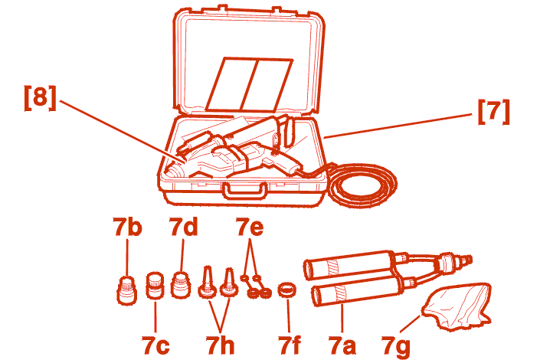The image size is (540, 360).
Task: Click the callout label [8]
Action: click(40, 98)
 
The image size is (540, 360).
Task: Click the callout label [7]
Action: click(493, 112)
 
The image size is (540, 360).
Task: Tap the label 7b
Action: click(127, 227)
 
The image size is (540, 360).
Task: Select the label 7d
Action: click(184, 227)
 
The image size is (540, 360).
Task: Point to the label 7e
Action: click(250, 227)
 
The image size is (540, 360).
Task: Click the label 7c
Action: click(155, 345)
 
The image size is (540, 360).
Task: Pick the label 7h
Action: click(220, 345)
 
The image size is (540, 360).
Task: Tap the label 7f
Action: click(290, 345)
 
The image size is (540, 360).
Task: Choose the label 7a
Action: click(342, 345)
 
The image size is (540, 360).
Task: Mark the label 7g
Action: click(396, 346)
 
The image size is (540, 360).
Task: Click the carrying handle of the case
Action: click(244, 191)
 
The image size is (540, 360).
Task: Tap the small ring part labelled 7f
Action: click(287, 290)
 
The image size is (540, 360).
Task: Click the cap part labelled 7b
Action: click(127, 291)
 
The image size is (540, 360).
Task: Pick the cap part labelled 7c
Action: click(155, 286)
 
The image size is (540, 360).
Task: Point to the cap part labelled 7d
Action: click(181, 284)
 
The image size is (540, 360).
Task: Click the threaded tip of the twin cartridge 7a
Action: click(465, 260)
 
